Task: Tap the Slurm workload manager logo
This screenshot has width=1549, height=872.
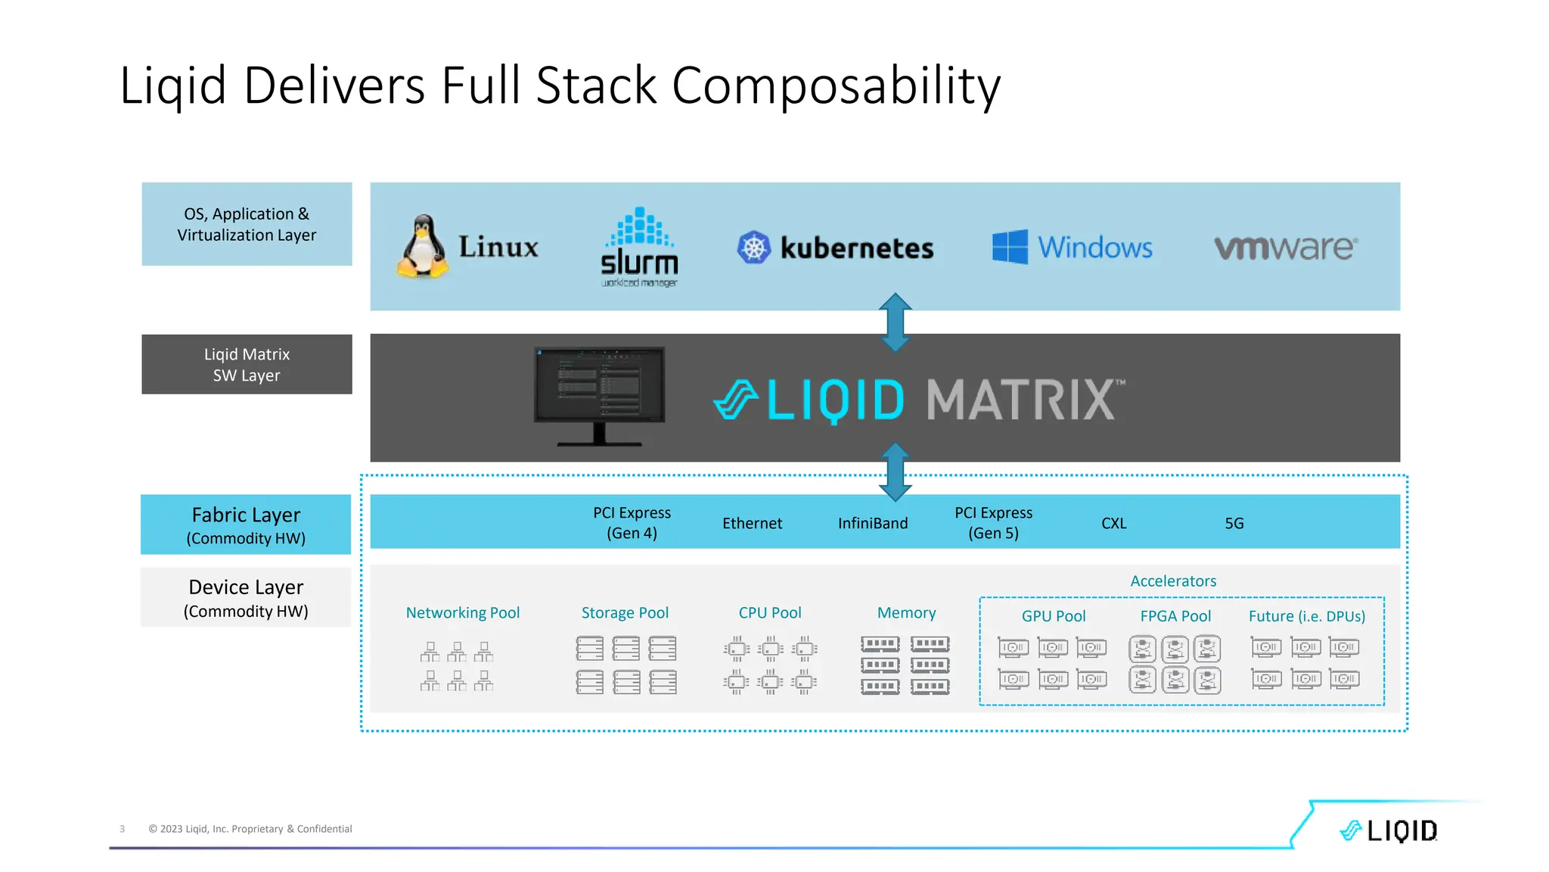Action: tap(640, 247)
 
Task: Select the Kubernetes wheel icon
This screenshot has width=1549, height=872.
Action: tap(753, 248)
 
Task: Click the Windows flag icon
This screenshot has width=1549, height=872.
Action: tap(1010, 247)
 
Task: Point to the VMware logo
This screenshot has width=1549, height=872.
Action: tap(1286, 248)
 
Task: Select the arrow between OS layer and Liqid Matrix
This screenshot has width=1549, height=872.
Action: tap(895, 322)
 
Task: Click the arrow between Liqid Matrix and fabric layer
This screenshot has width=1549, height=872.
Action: tap(895, 472)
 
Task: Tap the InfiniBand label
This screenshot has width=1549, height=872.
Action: tap(873, 523)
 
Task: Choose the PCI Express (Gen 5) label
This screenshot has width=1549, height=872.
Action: tap(993, 523)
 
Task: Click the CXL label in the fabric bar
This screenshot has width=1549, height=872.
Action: tap(1113, 523)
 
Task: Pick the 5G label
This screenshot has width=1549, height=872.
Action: tap(1234, 523)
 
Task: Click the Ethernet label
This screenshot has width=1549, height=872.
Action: tap(752, 523)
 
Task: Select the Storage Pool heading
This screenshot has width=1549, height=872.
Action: tap(625, 612)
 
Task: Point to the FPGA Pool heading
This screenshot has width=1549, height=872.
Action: tap(1175, 616)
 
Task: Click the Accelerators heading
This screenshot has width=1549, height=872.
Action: tap(1173, 581)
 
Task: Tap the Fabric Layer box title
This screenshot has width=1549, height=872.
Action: tap(246, 515)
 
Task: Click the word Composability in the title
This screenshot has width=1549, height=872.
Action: tap(836, 86)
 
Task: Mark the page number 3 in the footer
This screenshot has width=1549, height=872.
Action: tap(122, 829)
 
